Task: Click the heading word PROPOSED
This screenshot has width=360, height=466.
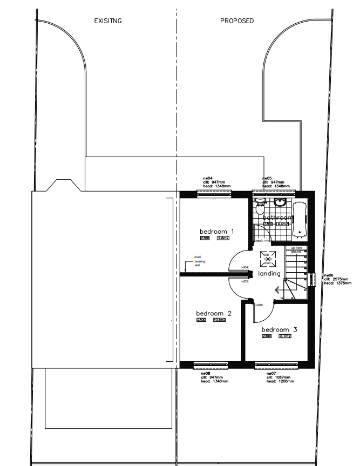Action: point(237,21)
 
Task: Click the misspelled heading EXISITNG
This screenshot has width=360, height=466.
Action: point(108,21)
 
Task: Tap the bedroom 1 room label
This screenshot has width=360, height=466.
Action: point(213,231)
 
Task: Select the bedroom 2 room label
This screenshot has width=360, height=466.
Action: point(214,313)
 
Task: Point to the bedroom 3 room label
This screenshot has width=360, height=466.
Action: point(279,329)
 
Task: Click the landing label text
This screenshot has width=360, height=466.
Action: point(269,274)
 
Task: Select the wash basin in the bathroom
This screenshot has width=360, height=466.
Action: point(280,202)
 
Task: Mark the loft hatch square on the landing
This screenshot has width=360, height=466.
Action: point(267,259)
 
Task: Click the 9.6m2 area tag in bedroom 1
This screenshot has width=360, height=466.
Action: point(222,238)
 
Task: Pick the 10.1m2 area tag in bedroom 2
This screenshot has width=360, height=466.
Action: point(219,320)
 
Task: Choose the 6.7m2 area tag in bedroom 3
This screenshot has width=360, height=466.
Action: point(285,336)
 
